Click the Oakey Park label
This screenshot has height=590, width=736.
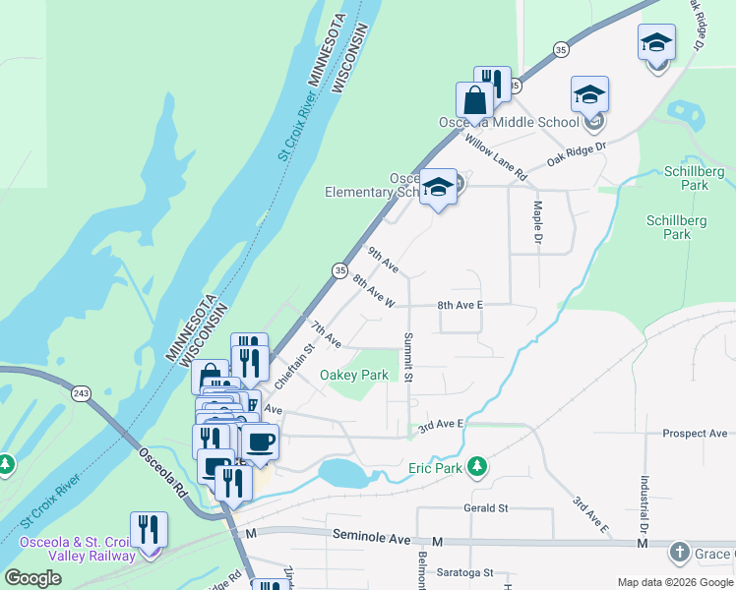(x=354, y=375)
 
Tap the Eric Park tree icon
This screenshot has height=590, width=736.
(x=477, y=464)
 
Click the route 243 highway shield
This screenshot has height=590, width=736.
(x=81, y=392)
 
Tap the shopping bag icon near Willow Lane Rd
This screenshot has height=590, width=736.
(x=474, y=100)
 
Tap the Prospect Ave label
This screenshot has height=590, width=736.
(x=695, y=434)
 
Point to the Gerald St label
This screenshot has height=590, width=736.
(x=485, y=508)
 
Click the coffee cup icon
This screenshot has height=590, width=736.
(x=260, y=442)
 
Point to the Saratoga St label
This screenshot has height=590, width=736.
(x=464, y=571)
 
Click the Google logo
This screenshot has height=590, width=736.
(x=33, y=578)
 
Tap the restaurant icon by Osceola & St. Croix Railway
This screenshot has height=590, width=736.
(x=149, y=529)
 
